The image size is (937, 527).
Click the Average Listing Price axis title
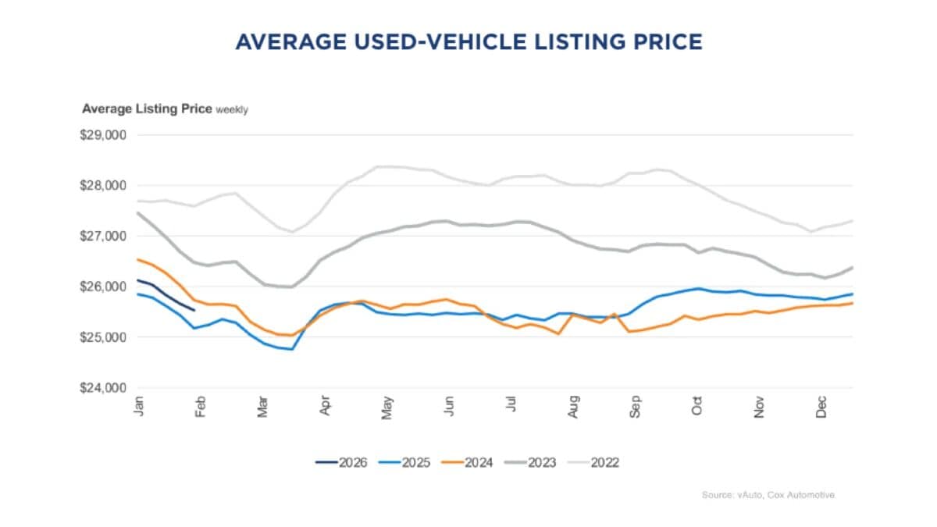tap(147, 109)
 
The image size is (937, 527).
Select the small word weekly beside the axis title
tap(232, 110)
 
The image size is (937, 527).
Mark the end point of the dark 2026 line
tap(194, 310)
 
